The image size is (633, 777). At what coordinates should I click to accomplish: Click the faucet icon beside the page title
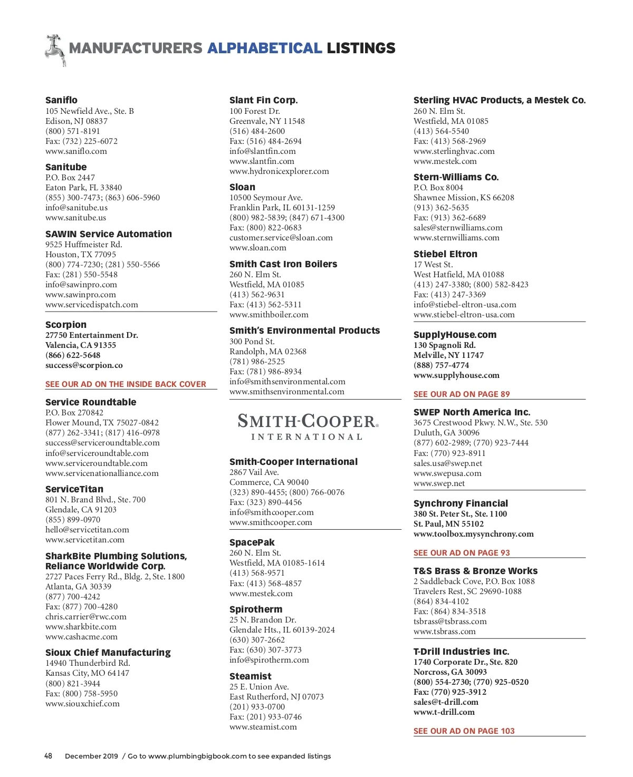[55, 50]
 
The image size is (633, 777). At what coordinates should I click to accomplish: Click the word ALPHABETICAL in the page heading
[264, 48]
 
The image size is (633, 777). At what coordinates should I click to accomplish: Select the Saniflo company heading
[61, 100]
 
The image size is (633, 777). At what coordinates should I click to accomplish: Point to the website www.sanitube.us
[75, 218]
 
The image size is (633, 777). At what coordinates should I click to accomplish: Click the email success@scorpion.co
[84, 365]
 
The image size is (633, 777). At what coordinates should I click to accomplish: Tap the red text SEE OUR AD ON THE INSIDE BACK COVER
[126, 384]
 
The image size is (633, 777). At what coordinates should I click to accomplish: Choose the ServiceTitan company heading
[74, 489]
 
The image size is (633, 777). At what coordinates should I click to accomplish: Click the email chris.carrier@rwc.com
[86, 617]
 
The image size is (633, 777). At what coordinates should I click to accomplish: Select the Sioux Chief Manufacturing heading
[108, 653]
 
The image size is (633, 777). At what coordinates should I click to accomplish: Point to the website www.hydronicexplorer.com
[279, 171]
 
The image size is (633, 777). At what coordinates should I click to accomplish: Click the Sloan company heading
[242, 187]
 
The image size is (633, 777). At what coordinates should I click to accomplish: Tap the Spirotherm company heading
[256, 609]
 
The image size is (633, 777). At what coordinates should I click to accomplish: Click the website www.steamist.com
[263, 727]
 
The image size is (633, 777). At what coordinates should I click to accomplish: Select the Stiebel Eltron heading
[445, 254]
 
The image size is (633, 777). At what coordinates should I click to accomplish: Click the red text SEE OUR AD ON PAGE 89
[462, 394]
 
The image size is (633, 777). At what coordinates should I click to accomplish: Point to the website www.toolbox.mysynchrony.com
[473, 534]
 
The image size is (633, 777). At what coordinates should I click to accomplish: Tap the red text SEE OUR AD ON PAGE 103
[464, 731]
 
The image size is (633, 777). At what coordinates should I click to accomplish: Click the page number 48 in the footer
[48, 756]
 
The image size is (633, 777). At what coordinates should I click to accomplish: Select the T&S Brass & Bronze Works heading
[475, 571]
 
